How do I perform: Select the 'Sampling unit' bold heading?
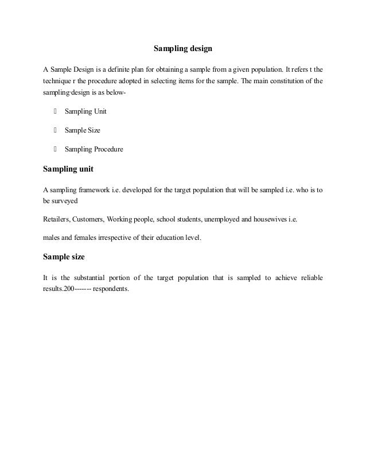[x=68, y=169]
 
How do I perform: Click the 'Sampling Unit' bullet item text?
[x=85, y=111]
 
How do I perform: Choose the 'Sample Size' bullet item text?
[x=83, y=130]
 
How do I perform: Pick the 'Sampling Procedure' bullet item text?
[x=94, y=150]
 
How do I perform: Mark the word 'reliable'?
[x=310, y=278]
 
